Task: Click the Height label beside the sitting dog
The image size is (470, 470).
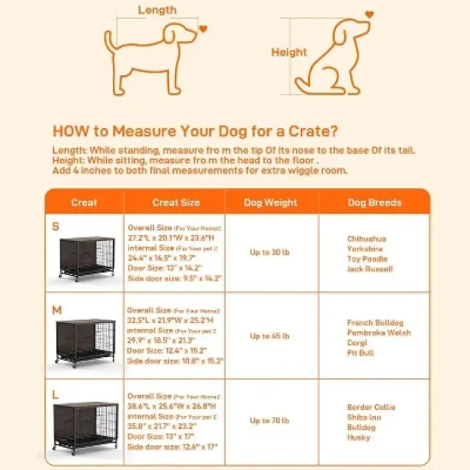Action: [289, 52]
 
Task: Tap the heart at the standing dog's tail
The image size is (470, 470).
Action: [203, 27]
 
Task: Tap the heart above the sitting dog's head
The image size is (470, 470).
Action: [369, 15]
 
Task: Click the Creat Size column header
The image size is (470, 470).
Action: [176, 203]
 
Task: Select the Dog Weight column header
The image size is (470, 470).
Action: [272, 203]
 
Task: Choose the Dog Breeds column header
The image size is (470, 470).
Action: [374, 203]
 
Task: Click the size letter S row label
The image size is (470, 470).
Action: [56, 226]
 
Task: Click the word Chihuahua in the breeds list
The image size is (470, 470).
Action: [367, 238]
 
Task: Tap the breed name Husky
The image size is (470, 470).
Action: [358, 438]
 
